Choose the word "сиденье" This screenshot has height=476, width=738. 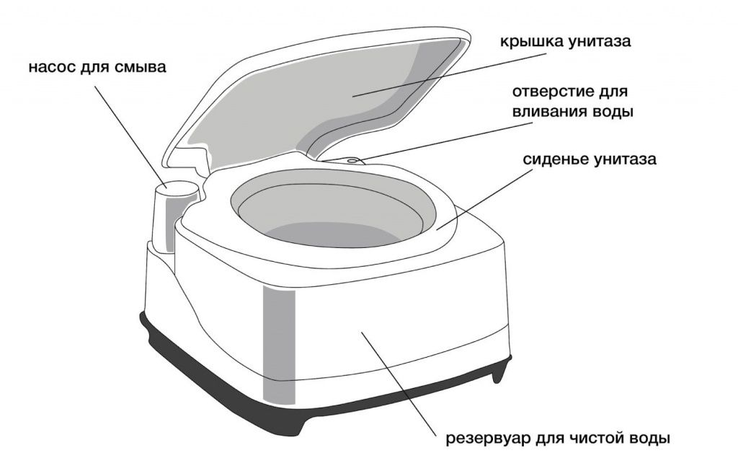click(554, 159)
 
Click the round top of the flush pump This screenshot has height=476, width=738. click(177, 188)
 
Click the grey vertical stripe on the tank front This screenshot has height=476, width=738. click(279, 346)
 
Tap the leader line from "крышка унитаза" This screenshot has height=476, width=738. click(449, 75)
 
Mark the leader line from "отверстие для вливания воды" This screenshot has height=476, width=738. click(445, 141)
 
